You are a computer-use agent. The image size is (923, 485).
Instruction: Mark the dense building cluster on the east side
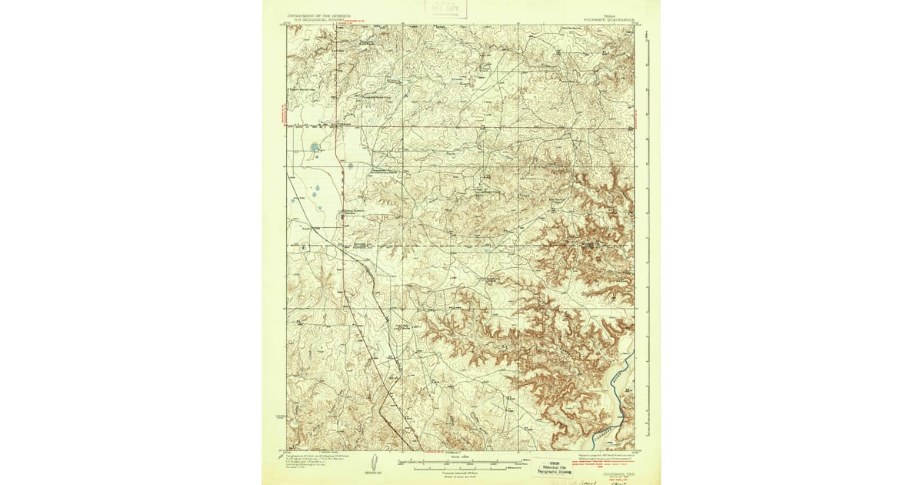(590, 246)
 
